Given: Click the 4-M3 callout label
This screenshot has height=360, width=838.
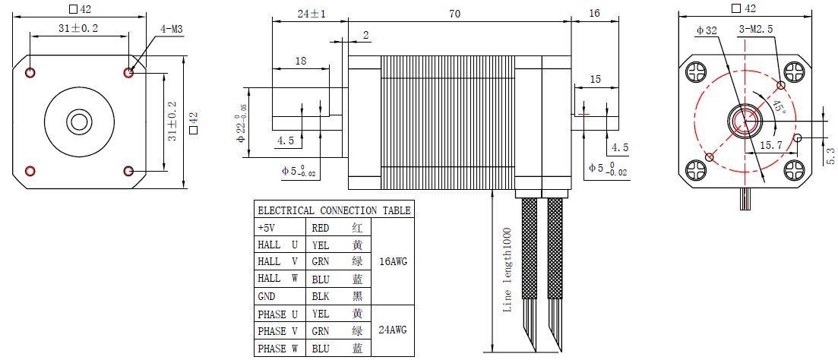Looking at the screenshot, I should [171, 30].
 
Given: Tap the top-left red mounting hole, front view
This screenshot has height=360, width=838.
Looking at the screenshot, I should [30, 73].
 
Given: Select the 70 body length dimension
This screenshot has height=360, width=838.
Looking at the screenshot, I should [455, 14].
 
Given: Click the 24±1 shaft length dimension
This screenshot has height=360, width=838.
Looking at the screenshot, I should [311, 14].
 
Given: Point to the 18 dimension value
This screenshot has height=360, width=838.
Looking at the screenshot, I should [301, 61].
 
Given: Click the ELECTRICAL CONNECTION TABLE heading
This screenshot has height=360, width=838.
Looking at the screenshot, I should [334, 210].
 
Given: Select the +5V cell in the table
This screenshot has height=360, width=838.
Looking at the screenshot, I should [267, 227].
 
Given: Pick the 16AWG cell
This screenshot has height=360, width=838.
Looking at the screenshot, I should [393, 261].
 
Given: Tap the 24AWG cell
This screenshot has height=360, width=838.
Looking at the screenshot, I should [393, 330].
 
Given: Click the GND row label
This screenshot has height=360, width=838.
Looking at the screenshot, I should [267, 296].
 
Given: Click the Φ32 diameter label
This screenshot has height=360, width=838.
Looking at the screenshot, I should [707, 30].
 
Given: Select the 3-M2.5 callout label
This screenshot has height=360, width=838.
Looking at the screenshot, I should [756, 30].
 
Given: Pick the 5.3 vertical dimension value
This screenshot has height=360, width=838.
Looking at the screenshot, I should [830, 156].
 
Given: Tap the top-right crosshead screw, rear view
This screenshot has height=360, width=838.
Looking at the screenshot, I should [794, 73].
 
